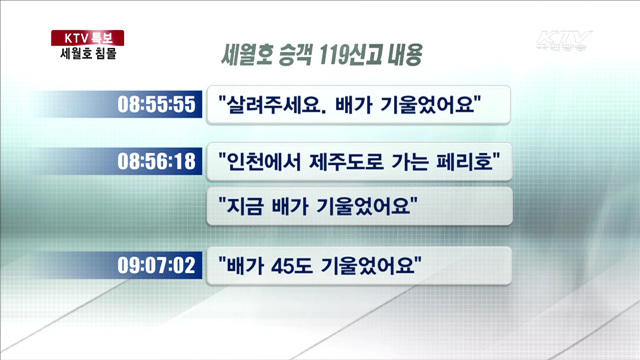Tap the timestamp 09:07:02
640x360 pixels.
click(155, 267)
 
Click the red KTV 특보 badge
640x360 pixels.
click(87, 38)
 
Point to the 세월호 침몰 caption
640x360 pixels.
click(88, 55)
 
